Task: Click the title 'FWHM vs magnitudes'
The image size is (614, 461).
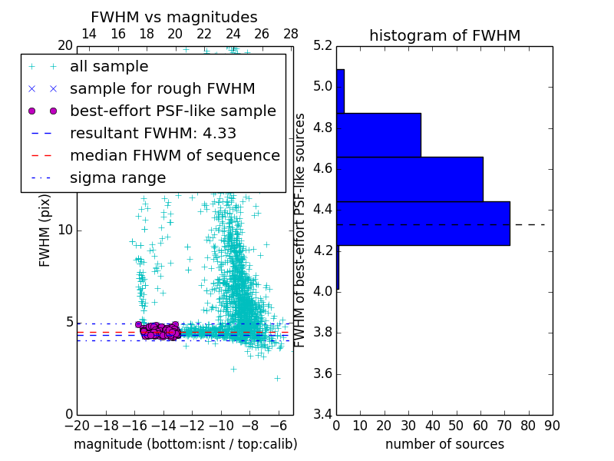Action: click(174, 17)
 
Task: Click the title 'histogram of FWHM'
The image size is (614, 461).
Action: click(444, 35)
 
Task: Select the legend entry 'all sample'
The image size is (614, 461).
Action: click(109, 67)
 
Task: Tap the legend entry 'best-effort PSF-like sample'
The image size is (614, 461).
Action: click(173, 111)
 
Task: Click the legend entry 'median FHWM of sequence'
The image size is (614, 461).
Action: click(174, 156)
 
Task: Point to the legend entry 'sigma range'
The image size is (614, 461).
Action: click(117, 178)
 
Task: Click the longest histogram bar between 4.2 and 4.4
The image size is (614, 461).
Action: click(423, 223)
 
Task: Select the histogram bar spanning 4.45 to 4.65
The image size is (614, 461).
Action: click(410, 179)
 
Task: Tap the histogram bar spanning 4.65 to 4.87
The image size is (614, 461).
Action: click(378, 135)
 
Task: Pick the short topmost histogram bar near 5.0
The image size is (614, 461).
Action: click(340, 91)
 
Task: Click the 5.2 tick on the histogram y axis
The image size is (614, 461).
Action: click(322, 45)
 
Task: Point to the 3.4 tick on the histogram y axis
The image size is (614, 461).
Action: click(322, 415)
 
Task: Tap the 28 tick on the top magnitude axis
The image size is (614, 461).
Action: click(291, 35)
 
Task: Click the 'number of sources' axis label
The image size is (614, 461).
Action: click(444, 444)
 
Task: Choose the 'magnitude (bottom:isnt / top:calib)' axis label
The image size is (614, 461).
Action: click(185, 444)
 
